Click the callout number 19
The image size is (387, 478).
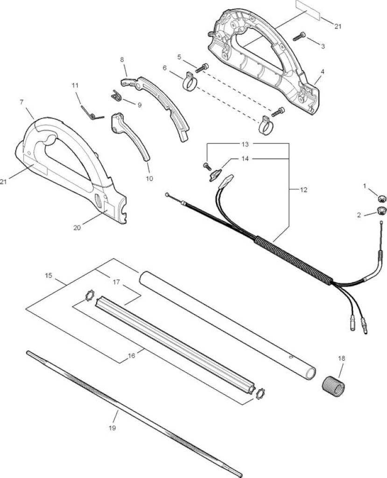(112, 428)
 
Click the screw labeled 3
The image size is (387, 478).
(299, 36)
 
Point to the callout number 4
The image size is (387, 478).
(323, 71)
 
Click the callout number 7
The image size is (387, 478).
(21, 102)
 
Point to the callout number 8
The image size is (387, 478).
(122, 60)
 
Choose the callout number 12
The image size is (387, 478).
(303, 190)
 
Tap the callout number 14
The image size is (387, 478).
(245, 159)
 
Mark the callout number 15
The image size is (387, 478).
(48, 275)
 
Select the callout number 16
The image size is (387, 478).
(132, 356)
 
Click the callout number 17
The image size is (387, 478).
(116, 282)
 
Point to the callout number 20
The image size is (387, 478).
(77, 227)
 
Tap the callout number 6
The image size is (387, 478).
(165, 68)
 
